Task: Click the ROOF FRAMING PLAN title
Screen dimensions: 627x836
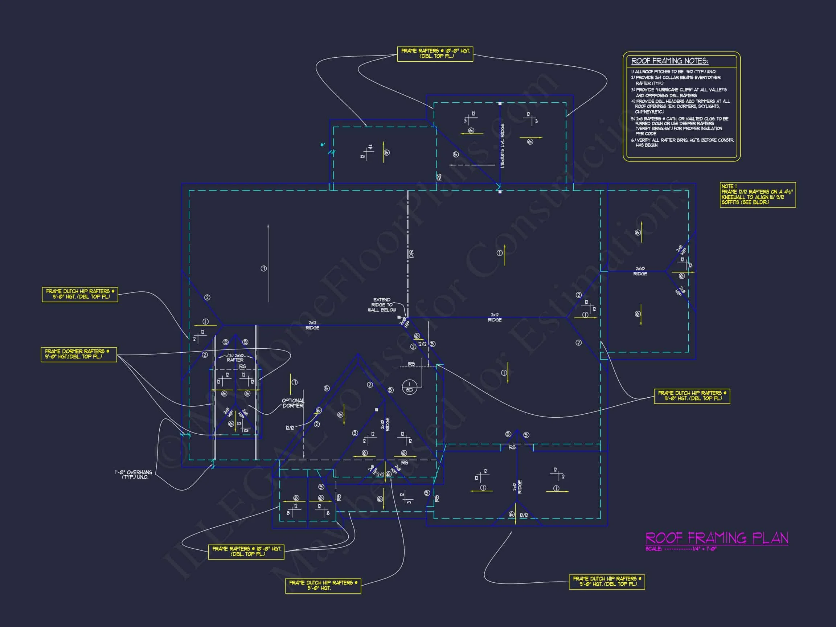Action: [717, 538]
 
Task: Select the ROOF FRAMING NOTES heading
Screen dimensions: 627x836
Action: [670, 61]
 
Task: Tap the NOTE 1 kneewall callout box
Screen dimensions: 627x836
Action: [757, 194]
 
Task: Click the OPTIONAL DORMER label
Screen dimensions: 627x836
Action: [293, 403]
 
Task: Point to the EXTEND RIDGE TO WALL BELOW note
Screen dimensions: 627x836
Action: [382, 305]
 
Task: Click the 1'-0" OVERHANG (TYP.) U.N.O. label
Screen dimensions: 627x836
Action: [134, 475]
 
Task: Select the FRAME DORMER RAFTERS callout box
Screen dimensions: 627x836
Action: [79, 354]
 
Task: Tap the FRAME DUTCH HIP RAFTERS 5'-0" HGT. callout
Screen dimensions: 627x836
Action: [323, 585]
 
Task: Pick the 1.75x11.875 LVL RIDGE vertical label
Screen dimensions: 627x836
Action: [502, 146]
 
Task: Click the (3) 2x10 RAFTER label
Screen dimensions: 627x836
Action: [235, 358]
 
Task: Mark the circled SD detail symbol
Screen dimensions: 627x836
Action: [409, 387]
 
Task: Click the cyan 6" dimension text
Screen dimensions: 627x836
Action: [323, 144]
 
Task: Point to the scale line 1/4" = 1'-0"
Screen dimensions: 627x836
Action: [681, 549]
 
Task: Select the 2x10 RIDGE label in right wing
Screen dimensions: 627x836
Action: [640, 271]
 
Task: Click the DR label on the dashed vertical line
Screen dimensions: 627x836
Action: [411, 254]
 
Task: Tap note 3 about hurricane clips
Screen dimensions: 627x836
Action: [679, 93]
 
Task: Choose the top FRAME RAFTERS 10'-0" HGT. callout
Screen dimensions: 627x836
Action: [435, 54]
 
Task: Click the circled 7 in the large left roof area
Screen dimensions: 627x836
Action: [264, 269]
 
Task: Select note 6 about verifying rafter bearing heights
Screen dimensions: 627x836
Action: [682, 143]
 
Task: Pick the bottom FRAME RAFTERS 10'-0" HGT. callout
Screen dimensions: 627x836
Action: [246, 552]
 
